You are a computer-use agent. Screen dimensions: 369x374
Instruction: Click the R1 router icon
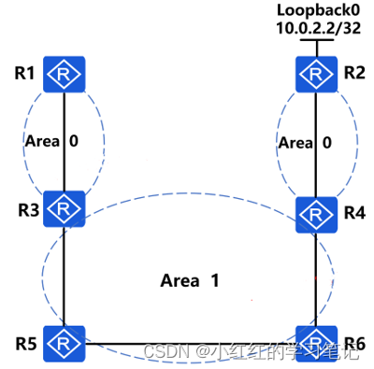(64, 73)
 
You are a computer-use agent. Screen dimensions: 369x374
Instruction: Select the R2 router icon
(316, 73)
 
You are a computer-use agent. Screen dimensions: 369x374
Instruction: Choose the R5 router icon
(64, 342)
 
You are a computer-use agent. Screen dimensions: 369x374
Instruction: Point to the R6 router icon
(316, 342)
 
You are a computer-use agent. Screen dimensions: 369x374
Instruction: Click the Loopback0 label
(316, 9)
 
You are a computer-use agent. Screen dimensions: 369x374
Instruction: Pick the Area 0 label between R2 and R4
(307, 143)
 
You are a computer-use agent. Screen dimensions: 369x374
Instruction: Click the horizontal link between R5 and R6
(187, 343)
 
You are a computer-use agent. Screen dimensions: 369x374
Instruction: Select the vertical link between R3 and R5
(64, 276)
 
